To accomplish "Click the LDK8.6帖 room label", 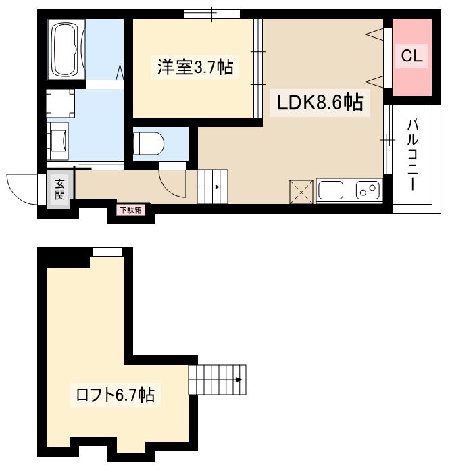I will coord(319,103).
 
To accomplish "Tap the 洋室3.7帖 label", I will coord(195,67).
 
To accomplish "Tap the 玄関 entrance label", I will coord(60,189).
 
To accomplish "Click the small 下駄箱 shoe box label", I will coord(130,210).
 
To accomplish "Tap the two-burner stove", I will coord(368,191).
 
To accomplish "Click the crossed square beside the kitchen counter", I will coord(301,191).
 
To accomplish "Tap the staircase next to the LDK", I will coord(213,187).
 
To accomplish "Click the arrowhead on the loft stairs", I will coord(239,379).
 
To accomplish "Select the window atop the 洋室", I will coord(211,13).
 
